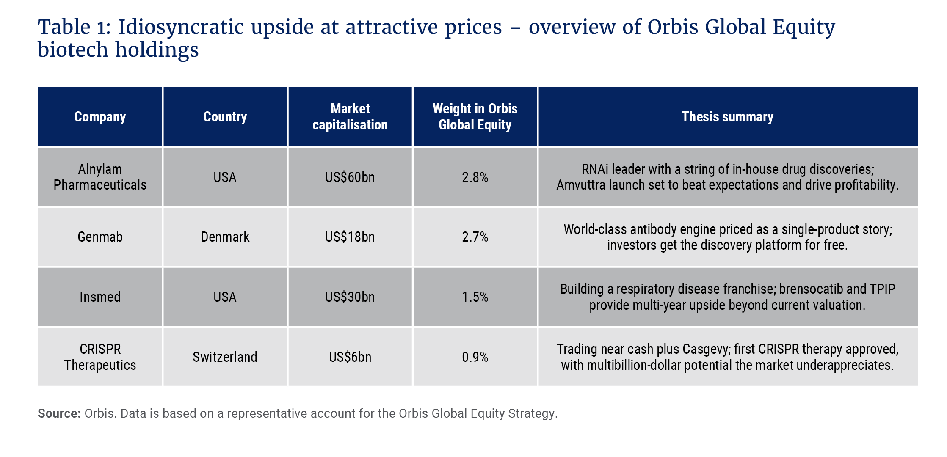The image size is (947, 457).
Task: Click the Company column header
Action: (100, 117)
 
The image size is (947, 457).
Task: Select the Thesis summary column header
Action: (727, 117)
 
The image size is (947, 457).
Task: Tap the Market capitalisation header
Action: (350, 117)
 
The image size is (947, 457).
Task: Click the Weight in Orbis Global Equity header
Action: (475, 117)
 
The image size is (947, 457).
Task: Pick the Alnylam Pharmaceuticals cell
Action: (100, 177)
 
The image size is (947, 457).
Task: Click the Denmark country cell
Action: (225, 237)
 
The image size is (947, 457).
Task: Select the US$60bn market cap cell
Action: (350, 177)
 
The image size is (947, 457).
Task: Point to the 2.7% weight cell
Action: (475, 237)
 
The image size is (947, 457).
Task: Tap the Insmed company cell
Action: (100, 297)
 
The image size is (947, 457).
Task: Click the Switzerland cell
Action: (225, 357)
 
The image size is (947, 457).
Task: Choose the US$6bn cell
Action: (350, 357)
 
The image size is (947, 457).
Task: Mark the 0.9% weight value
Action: (475, 357)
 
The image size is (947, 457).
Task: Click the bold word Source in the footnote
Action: (59, 413)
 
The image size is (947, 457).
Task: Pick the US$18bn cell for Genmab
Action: (350, 237)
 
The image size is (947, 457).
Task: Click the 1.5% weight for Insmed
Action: (475, 297)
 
